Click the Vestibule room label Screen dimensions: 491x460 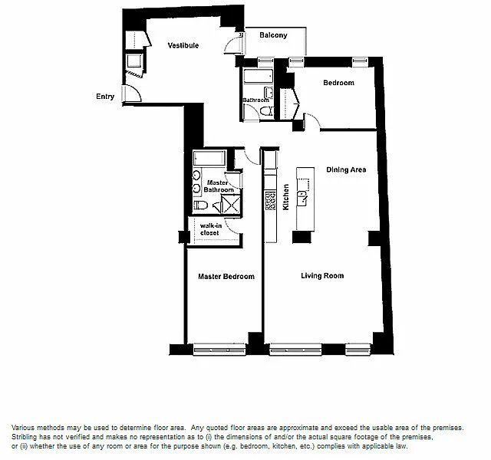[183, 45]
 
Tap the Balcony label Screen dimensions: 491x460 [273, 35]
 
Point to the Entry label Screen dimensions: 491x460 [105, 97]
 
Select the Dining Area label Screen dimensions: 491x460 [346, 169]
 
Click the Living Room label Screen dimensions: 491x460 [322, 276]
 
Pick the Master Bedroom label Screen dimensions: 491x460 [226, 276]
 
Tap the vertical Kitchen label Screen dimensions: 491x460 [285, 197]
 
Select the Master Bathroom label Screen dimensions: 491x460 [218, 186]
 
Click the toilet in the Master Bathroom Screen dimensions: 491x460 [201, 205]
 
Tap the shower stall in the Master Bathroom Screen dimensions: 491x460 [231, 204]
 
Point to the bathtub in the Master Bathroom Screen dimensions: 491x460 [209, 158]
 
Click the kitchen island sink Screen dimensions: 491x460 [302, 198]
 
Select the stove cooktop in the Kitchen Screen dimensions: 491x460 [270, 201]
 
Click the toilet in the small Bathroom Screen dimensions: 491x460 [267, 111]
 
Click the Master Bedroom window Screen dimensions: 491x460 [219, 350]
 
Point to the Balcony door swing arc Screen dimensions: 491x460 [229, 44]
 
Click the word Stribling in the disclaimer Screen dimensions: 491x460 [24, 437]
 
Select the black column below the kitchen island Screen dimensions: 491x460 [302, 237]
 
